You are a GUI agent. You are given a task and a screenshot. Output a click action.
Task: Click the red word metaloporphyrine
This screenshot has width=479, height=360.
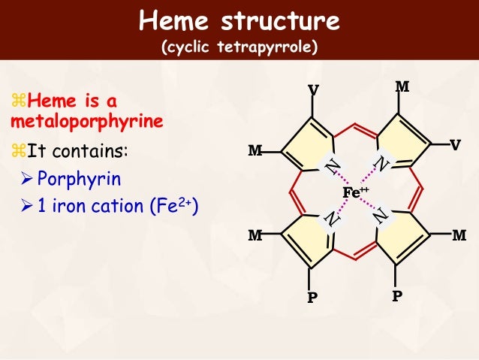coord(87,120)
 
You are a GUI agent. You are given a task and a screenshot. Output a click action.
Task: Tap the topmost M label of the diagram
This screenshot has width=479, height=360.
coord(402,86)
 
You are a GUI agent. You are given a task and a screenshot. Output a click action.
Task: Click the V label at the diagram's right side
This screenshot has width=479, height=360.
coord(456,144)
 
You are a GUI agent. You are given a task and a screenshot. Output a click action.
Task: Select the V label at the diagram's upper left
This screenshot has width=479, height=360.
coord(313,91)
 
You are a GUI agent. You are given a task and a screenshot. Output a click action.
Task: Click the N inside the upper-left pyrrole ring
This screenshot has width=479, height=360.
coord(329,166)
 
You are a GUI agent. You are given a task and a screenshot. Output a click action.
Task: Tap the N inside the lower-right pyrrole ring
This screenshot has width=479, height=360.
coord(382,217)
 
